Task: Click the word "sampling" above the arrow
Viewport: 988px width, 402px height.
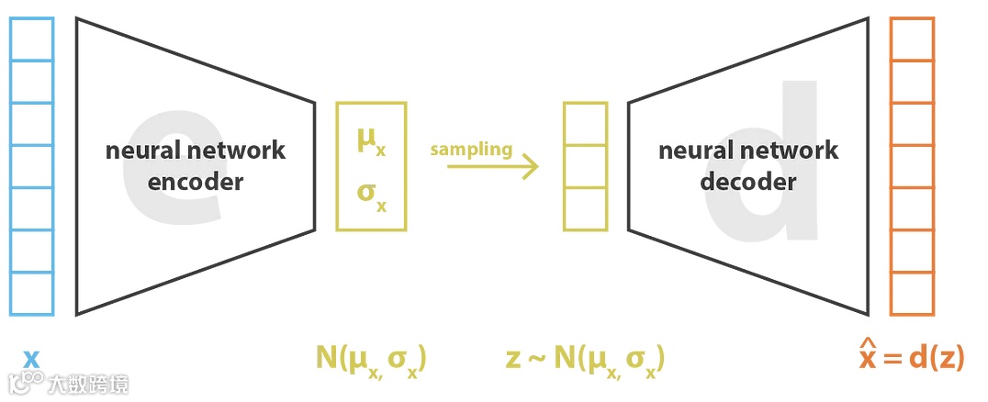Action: pyautogui.click(x=472, y=150)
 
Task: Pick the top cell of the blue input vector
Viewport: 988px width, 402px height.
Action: pyautogui.click(x=32, y=39)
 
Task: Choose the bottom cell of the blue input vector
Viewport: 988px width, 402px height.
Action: pyautogui.click(x=32, y=294)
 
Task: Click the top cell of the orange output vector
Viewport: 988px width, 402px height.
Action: pyautogui.click(x=912, y=39)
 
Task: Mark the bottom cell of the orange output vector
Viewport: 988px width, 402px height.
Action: pyautogui.click(x=912, y=294)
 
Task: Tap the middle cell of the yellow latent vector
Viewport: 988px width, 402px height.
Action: pyautogui.click(x=585, y=166)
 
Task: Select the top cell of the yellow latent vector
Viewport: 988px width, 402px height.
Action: pyautogui.click(x=585, y=124)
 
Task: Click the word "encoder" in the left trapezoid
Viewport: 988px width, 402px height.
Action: pyautogui.click(x=196, y=182)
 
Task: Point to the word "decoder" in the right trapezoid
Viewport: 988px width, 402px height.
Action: pyautogui.click(x=747, y=182)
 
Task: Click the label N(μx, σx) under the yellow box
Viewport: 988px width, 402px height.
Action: pyautogui.click(x=371, y=358)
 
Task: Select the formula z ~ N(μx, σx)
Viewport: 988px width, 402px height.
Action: pyautogui.click(x=585, y=358)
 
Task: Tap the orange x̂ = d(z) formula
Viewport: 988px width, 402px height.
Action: pyautogui.click(x=911, y=357)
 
